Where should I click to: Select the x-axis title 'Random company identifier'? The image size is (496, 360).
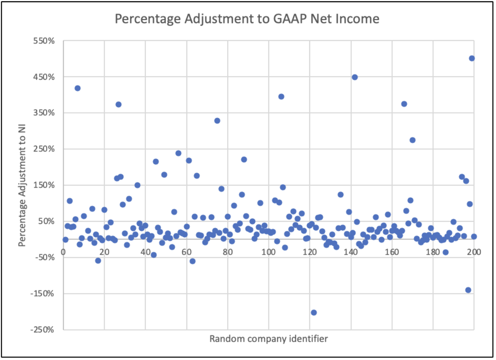(269, 339)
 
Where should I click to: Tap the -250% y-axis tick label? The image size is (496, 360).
(45, 330)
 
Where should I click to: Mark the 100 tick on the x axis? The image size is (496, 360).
(269, 252)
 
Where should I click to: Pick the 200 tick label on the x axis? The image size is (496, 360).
(474, 252)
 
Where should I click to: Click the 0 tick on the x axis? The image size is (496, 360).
(63, 252)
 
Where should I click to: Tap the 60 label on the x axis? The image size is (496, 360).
(186, 252)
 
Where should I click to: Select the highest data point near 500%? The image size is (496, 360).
(472, 58)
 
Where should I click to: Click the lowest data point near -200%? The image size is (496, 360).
(313, 312)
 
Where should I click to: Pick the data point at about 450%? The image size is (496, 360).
(354, 77)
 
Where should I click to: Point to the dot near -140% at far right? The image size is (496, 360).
(468, 290)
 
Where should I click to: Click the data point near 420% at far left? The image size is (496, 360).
(78, 88)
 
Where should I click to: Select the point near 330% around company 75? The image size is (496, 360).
(217, 121)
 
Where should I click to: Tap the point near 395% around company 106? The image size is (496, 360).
(281, 96)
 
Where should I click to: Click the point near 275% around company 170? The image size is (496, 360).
(412, 140)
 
